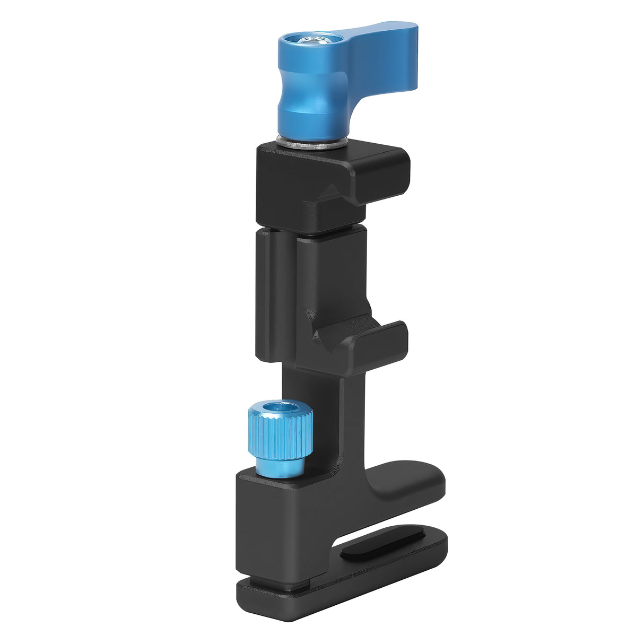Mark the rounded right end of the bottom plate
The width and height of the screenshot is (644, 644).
click(438, 546)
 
